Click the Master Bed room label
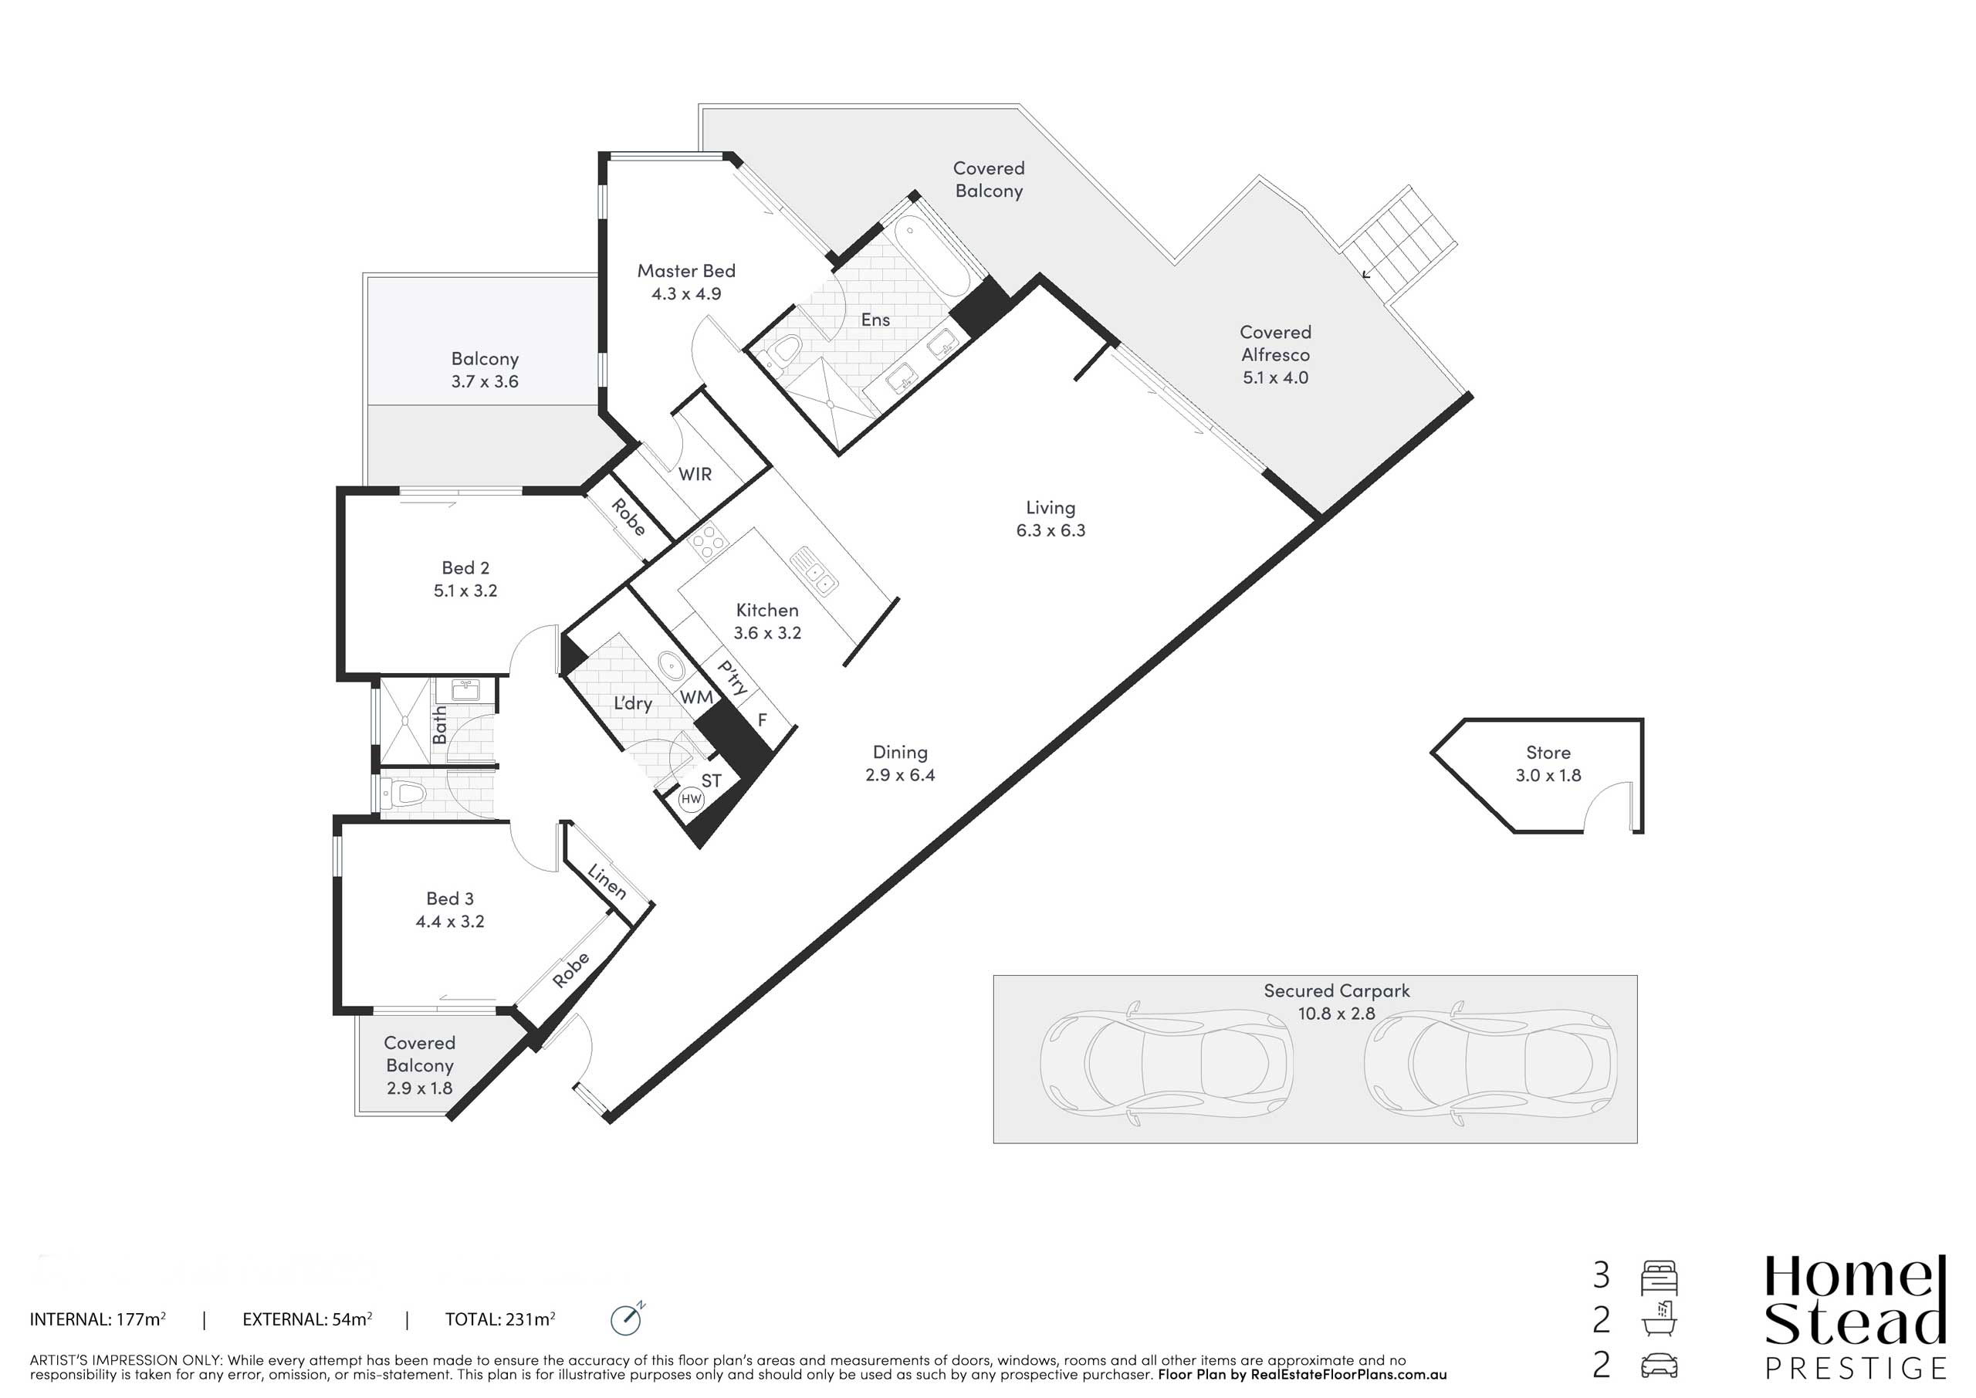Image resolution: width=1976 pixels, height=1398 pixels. (x=686, y=271)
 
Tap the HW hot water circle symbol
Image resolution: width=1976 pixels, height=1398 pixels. (x=691, y=799)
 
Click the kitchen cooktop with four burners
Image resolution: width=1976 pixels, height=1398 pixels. (x=709, y=543)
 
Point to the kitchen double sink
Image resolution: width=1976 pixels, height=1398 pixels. (x=814, y=570)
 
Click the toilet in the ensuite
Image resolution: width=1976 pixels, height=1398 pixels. (x=781, y=354)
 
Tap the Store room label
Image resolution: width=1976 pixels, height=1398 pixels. (x=1548, y=753)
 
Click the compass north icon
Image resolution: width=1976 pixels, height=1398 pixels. (x=627, y=1318)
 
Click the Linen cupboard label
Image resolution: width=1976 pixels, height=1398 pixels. (x=607, y=882)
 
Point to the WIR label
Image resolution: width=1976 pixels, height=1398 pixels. (x=695, y=474)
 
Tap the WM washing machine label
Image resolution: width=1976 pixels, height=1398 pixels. (x=696, y=697)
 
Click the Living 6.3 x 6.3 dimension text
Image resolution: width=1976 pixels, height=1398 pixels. (x=1050, y=530)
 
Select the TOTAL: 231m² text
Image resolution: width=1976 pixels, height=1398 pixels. (x=500, y=1318)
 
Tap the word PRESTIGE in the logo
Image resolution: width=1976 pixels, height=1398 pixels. (x=1856, y=1367)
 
